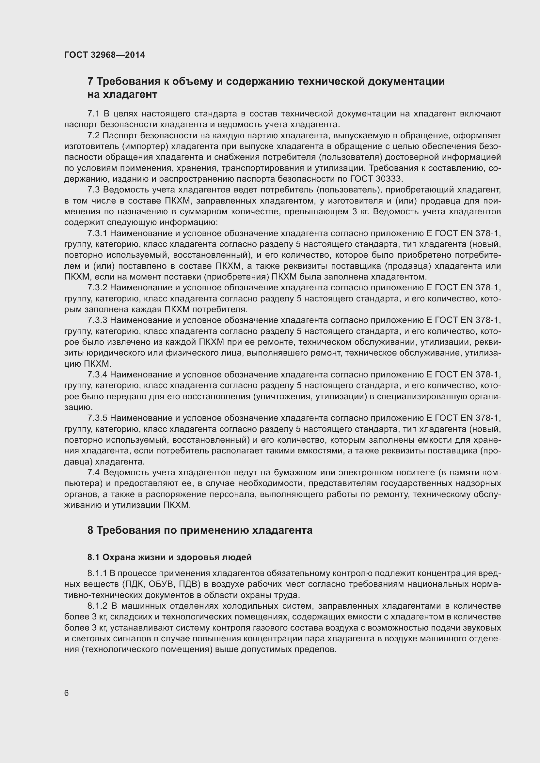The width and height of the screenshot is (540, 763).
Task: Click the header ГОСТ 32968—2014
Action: click(x=104, y=55)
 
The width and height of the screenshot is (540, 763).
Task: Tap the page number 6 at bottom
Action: click(x=67, y=693)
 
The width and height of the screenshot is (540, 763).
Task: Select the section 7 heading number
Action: click(x=90, y=82)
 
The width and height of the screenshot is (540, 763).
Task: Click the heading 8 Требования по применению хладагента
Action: click(x=200, y=530)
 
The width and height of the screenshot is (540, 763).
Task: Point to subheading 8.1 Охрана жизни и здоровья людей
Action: click(x=169, y=557)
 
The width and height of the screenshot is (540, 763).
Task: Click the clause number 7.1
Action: click(x=93, y=114)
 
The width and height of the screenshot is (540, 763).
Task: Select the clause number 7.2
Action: click(x=93, y=136)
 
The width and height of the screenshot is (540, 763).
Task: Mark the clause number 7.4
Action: click(x=93, y=473)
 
